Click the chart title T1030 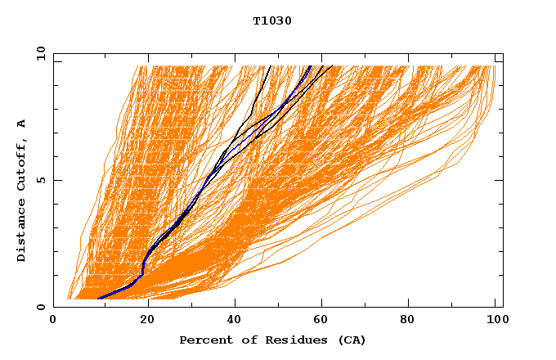[x=272, y=20]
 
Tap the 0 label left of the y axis [x=40, y=307]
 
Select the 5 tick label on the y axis [x=40, y=180]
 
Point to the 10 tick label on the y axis [x=38, y=53]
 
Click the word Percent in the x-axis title [x=204, y=340]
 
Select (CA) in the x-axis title [x=352, y=340]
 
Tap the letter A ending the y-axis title [x=21, y=124]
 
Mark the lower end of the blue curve [x=99, y=299]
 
